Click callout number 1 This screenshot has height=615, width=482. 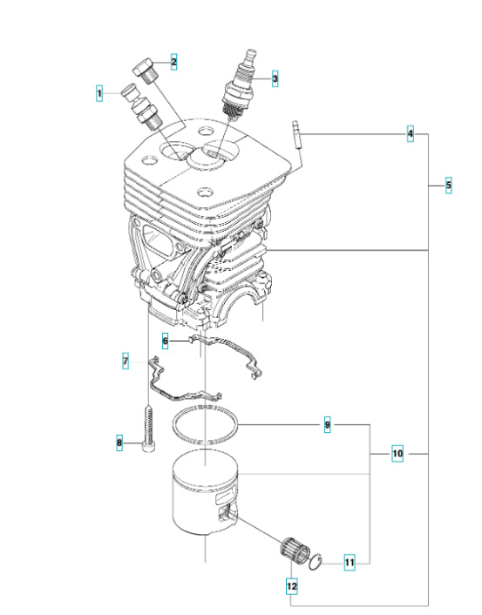pyautogui.click(x=100, y=91)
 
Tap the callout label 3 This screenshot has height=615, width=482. pyautogui.click(x=275, y=79)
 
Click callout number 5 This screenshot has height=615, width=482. pyautogui.click(x=448, y=185)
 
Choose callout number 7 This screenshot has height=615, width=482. pyautogui.click(x=126, y=360)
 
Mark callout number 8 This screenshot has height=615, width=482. pyautogui.click(x=120, y=445)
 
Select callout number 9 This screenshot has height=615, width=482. pyautogui.click(x=327, y=425)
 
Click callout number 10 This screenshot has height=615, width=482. pyautogui.click(x=397, y=454)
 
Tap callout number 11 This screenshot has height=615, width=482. pyautogui.click(x=349, y=563)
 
